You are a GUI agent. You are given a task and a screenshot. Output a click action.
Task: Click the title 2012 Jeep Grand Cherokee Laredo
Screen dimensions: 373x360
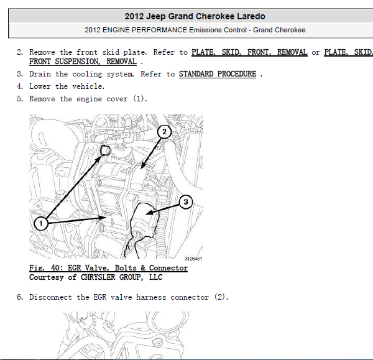click(x=195, y=16)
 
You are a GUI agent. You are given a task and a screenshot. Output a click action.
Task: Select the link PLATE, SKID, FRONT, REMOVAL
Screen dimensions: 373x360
click(x=249, y=52)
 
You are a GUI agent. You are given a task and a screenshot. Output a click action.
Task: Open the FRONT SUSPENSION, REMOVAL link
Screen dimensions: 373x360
click(x=83, y=62)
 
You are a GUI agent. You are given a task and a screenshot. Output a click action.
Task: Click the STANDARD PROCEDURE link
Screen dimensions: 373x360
click(x=218, y=74)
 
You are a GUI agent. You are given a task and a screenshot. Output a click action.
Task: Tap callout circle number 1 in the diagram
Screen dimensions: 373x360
click(x=41, y=223)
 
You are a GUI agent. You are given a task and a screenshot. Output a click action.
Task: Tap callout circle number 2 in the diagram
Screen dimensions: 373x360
click(x=164, y=132)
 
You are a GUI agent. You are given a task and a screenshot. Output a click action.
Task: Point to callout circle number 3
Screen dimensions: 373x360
click(x=185, y=202)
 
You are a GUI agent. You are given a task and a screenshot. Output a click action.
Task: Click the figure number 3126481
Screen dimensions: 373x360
click(x=193, y=259)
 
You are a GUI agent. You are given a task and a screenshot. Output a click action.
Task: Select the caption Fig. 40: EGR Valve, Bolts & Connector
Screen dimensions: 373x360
click(x=108, y=268)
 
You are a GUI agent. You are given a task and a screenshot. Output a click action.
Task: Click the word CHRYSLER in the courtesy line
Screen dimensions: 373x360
click(x=98, y=277)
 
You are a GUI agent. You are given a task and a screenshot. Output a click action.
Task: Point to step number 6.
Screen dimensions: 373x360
click(x=20, y=297)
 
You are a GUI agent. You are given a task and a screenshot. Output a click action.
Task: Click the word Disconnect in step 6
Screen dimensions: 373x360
click(x=50, y=297)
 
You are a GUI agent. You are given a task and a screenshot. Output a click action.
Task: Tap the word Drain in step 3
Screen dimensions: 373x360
click(x=40, y=74)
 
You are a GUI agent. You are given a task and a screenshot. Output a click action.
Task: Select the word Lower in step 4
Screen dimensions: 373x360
click(x=40, y=86)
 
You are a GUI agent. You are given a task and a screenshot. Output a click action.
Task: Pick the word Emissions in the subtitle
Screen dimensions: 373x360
click(x=218, y=30)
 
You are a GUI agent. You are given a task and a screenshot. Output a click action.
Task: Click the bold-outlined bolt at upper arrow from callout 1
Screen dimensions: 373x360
click(x=105, y=150)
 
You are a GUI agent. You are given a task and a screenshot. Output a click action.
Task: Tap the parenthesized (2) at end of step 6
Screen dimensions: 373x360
click(x=221, y=297)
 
